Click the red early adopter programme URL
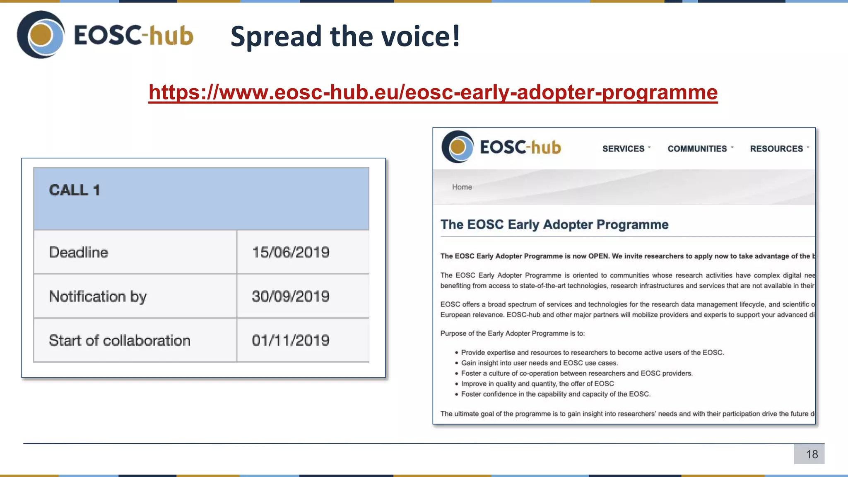point(433,92)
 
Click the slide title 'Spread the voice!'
point(345,36)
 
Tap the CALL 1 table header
point(75,190)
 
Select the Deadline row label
point(79,252)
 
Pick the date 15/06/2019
point(291,252)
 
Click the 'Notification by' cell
point(98,296)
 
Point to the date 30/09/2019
point(291,296)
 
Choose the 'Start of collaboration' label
point(120,340)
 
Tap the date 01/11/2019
point(291,340)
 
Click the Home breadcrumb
point(462,187)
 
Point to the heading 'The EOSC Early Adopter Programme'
point(554,224)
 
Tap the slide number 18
point(812,454)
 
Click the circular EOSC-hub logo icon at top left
point(41,35)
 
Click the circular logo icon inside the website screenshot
point(458,147)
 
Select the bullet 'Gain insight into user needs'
point(540,363)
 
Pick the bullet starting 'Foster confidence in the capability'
point(556,394)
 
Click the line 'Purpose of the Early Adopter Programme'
point(513,334)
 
